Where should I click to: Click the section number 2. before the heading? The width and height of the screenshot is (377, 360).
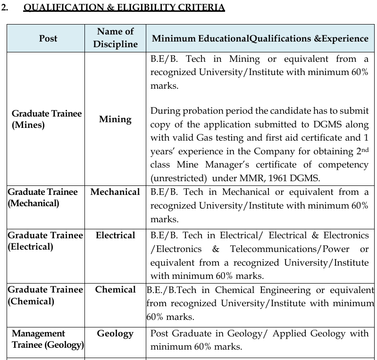click(x=6, y=8)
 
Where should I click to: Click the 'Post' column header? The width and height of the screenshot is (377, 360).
click(x=48, y=38)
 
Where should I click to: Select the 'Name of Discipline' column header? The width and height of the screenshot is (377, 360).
click(x=115, y=38)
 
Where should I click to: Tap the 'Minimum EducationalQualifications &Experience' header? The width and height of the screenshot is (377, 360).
click(x=260, y=39)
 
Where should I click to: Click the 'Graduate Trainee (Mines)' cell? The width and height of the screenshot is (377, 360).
click(x=46, y=119)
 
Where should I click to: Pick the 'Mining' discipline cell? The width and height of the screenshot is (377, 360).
click(x=115, y=119)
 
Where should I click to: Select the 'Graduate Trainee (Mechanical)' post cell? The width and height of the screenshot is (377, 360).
click(x=42, y=198)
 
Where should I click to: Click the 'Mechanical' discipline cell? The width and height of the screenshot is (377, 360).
click(x=115, y=192)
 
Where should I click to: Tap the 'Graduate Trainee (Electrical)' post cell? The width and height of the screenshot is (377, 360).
click(x=45, y=241)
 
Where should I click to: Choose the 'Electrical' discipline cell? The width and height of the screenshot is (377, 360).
click(x=115, y=235)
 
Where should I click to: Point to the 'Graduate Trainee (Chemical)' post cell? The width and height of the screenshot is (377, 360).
click(x=45, y=295)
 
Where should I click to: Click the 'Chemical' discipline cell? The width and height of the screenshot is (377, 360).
click(x=115, y=290)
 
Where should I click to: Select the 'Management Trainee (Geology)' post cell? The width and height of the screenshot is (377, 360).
click(x=47, y=339)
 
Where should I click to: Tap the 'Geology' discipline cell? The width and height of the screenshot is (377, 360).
click(x=115, y=334)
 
